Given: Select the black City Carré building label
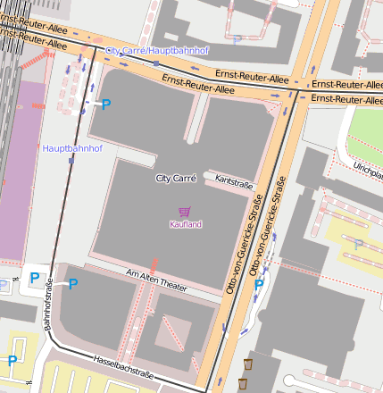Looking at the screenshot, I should (x=176, y=179).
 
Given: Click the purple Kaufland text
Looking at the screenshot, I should (x=186, y=224).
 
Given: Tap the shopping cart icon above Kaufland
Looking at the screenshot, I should (x=185, y=212).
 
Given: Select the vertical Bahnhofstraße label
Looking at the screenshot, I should (x=49, y=305).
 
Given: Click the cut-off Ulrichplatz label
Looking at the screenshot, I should (x=367, y=168).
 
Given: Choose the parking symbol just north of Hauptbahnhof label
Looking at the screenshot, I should (x=105, y=105).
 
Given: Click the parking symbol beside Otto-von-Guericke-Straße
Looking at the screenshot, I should (x=259, y=285).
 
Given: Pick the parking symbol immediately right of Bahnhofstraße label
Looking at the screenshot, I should (x=73, y=284).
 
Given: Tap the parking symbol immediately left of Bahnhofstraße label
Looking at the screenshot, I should (x=35, y=278).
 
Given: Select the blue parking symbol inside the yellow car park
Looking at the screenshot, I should (x=12, y=361).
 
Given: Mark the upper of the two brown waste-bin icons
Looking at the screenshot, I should (x=248, y=364).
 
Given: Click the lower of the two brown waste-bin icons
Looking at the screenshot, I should (x=242, y=383).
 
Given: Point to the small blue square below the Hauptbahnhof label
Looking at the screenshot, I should (x=71, y=161).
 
